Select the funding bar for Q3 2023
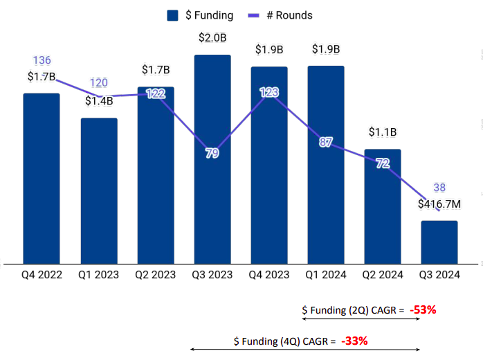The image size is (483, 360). pos(212,159)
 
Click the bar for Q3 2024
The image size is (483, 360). pos(439,242)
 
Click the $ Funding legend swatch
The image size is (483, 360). pos(174,15)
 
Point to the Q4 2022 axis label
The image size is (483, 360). pos(42,275)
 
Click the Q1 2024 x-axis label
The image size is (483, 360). pos(326,275)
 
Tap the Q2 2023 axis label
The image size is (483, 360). pos(156,275)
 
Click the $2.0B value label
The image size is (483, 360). pos(212,37)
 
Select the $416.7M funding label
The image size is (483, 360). pos(439,204)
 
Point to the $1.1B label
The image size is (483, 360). pos(383,132)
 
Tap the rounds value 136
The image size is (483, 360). pos(42,60)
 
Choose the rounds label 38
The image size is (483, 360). pos(439,188)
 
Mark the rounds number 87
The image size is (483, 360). pos(326,143)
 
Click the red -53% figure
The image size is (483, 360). pos(423,310)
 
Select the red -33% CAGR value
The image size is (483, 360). pos(354,341)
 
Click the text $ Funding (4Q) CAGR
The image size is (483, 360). pos(284,341)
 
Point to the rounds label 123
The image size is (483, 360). pos(269,92)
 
